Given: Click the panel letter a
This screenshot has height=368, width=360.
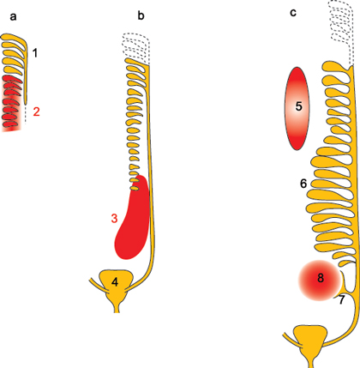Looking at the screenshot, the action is [x=13, y=17].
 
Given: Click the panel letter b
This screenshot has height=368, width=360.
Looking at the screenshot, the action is [x=141, y=15].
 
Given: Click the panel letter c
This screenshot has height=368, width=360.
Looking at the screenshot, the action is [x=293, y=13].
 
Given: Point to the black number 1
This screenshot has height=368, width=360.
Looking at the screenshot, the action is [x=35, y=53].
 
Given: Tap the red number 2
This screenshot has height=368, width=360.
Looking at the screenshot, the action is [x=36, y=112].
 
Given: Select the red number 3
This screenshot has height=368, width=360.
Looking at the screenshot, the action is [x=114, y=219].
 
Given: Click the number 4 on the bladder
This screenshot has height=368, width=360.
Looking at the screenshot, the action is [x=115, y=282].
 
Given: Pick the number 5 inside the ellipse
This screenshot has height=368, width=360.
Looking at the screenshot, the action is [x=298, y=106].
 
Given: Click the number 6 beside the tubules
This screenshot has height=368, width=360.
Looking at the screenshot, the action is [x=303, y=184].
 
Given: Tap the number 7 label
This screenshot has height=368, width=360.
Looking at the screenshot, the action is [x=342, y=300].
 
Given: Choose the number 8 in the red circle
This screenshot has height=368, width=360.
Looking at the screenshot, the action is [x=321, y=278].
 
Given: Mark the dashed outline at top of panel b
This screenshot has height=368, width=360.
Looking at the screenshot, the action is [x=136, y=48].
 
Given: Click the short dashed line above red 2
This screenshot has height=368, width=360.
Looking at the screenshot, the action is [x=25, y=114].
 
